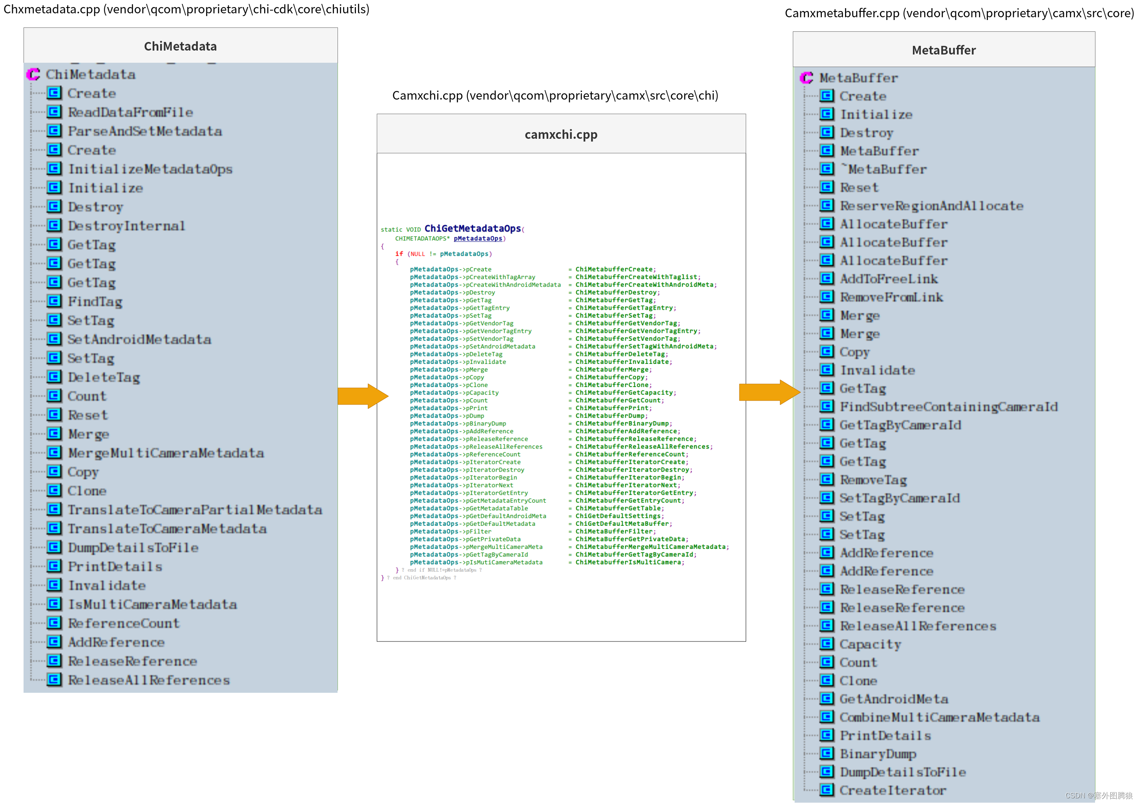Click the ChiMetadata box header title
pyautogui.click(x=180, y=46)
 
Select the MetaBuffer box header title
pyautogui.click(x=943, y=50)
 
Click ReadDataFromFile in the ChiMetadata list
pyautogui.click(x=130, y=113)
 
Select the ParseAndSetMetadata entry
pyautogui.click(x=144, y=131)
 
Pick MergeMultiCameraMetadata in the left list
pyautogui.click(x=165, y=453)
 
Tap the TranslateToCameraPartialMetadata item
pyautogui.click(x=194, y=510)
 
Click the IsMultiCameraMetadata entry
pyautogui.click(x=152, y=604)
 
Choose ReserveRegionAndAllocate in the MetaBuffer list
pyautogui.click(x=931, y=206)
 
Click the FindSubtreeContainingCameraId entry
pyautogui.click(x=948, y=407)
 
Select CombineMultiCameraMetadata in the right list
pyautogui.click(x=939, y=717)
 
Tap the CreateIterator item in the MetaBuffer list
pyautogui.click(x=893, y=790)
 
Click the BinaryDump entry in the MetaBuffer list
pyautogui.click(x=878, y=754)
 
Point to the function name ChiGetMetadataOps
pyautogui.click(x=472, y=229)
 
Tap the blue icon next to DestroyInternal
pyautogui.click(x=54, y=225)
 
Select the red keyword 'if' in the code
pyautogui.click(x=399, y=254)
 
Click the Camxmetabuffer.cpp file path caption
pyautogui.click(x=958, y=13)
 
